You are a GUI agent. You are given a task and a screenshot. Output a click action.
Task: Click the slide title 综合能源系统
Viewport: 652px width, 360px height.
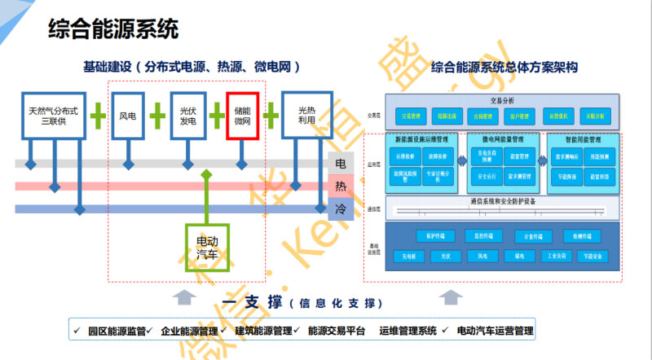(x=112, y=30)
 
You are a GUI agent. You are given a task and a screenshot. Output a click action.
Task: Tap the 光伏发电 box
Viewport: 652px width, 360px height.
(x=188, y=116)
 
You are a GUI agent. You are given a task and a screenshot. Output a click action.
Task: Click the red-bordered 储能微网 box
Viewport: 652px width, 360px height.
(x=242, y=116)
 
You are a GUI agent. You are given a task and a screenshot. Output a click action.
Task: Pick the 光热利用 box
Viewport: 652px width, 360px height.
(x=306, y=116)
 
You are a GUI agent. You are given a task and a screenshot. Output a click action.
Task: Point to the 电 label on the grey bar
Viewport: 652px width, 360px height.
(x=341, y=164)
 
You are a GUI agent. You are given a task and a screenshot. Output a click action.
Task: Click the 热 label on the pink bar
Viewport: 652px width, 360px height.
(x=341, y=187)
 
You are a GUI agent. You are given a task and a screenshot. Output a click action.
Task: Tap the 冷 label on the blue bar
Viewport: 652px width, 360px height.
(x=341, y=209)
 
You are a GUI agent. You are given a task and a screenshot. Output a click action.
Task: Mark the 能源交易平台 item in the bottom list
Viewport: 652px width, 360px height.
(x=337, y=331)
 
